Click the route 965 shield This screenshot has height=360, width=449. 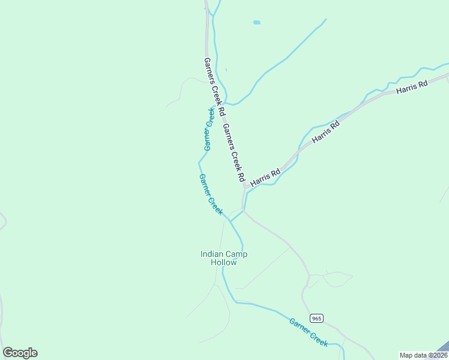pyautogui.click(x=317, y=318)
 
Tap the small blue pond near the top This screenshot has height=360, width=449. pyautogui.click(x=257, y=23)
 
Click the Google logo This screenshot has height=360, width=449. pyautogui.click(x=20, y=353)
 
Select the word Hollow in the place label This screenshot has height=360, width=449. pyautogui.click(x=223, y=262)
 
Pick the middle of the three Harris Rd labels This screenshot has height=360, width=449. pyautogui.click(x=327, y=131)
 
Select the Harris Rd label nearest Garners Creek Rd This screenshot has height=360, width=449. pyautogui.click(x=265, y=176)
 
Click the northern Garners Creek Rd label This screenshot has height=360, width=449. pyautogui.click(x=214, y=86)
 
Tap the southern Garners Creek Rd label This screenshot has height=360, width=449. pyautogui.click(x=234, y=152)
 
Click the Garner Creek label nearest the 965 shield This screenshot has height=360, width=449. pyautogui.click(x=309, y=332)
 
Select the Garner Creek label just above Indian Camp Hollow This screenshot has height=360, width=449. pyautogui.click(x=211, y=194)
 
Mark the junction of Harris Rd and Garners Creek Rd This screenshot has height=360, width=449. pyautogui.click(x=245, y=187)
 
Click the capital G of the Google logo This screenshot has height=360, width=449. pyautogui.click(x=8, y=353)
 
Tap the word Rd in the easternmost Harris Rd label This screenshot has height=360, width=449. pyautogui.click(x=423, y=84)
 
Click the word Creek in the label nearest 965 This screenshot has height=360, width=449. pyautogui.click(x=319, y=338)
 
